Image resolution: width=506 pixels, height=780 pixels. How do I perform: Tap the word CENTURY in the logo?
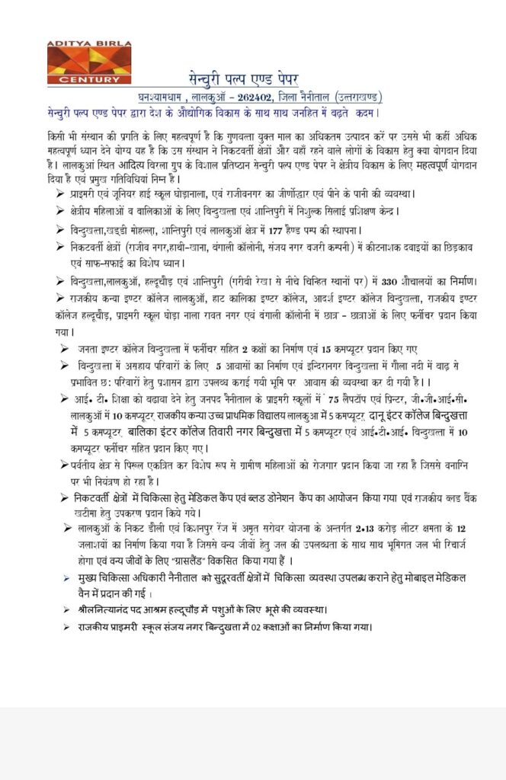click(83, 80)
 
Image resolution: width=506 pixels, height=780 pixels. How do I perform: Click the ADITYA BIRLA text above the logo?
click(83, 46)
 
